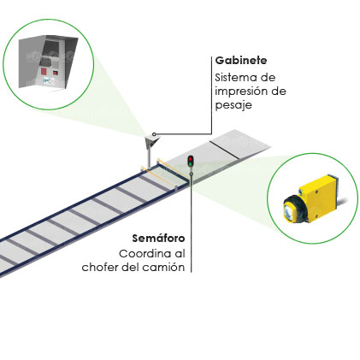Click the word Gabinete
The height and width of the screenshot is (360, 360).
[241, 61]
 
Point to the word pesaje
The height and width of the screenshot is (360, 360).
[233, 105]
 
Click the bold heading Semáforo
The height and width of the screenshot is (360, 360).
[158, 239]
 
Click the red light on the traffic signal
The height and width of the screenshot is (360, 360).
[190, 159]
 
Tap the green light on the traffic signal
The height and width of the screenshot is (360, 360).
[190, 163]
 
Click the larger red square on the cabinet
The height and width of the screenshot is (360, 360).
[44, 71]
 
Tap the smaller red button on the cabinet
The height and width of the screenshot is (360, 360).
[56, 73]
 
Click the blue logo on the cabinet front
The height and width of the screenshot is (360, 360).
[48, 81]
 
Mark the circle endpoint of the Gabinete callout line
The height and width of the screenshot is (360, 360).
[154, 134]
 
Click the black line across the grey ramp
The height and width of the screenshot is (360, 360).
[224, 149]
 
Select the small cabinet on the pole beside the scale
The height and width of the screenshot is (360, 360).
[152, 141]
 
